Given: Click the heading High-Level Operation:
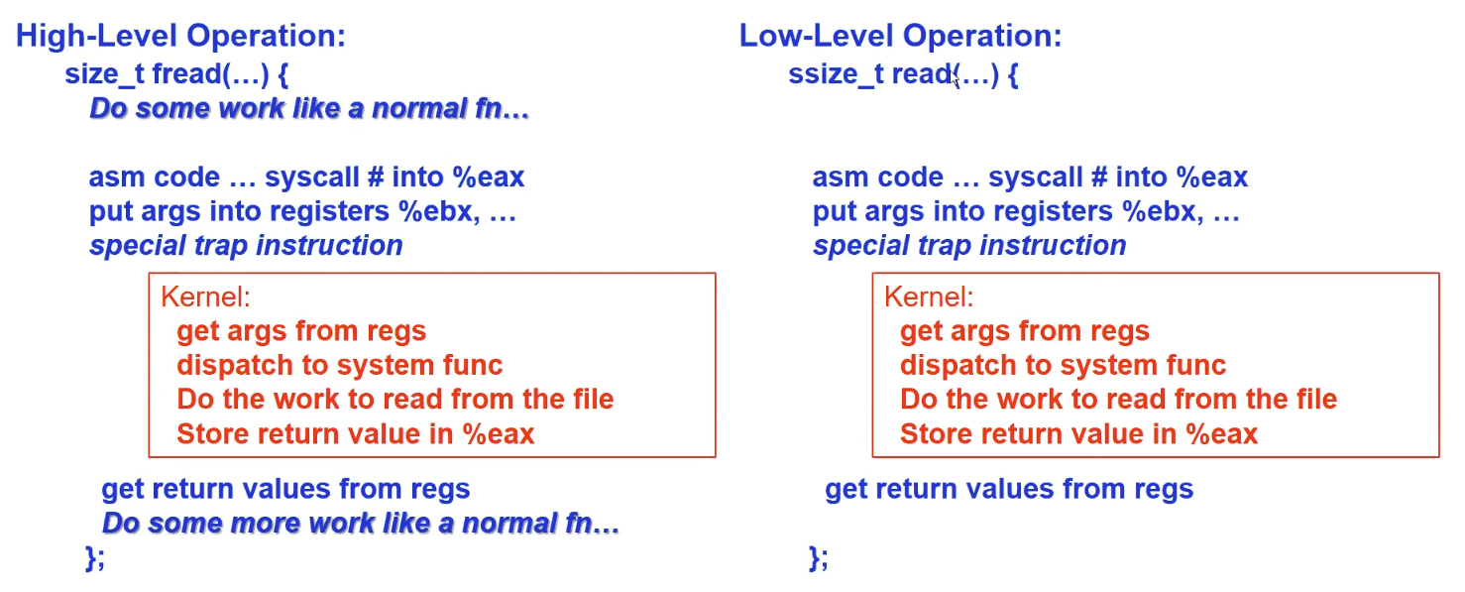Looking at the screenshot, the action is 180,36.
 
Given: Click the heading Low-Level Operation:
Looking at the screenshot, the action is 900,36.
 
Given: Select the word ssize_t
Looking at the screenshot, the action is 836,74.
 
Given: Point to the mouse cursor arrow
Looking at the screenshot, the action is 955,77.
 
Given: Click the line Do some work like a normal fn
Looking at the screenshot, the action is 309,109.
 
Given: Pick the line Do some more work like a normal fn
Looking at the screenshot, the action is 361,524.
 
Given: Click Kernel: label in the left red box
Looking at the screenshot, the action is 205,296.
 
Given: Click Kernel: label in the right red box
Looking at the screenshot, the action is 929,296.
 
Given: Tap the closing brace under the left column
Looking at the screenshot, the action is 95,558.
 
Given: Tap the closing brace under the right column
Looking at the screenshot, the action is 818,558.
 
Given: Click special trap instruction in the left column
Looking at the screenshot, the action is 246,246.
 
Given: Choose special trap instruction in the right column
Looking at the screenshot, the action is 969,246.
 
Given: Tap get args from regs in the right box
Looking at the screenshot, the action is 1024,331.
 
